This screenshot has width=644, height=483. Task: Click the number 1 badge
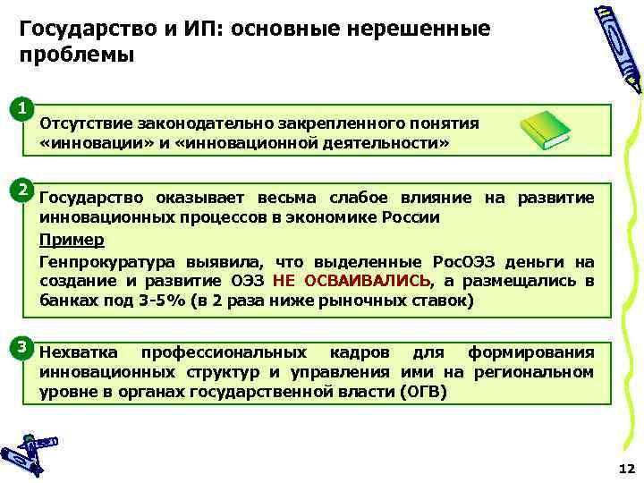(x=21, y=110)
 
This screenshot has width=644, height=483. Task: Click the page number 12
(x=625, y=468)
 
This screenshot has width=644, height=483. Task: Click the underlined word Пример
(x=72, y=240)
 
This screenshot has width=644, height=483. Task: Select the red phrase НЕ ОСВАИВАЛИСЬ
(x=351, y=281)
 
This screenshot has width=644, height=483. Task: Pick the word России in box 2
(x=413, y=217)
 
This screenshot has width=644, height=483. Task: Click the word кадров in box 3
(x=356, y=352)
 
